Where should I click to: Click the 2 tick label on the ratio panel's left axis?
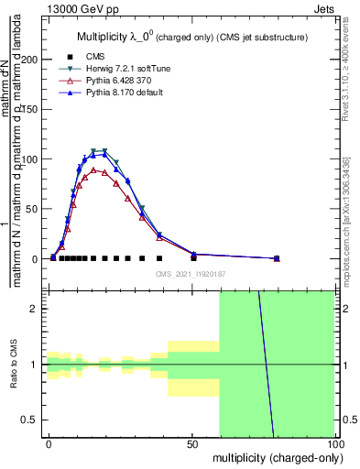coord(35,309)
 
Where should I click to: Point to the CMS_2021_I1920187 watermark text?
coord(190,273)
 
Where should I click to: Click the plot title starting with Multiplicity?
coord(190,37)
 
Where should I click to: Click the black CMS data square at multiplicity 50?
coord(193,258)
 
